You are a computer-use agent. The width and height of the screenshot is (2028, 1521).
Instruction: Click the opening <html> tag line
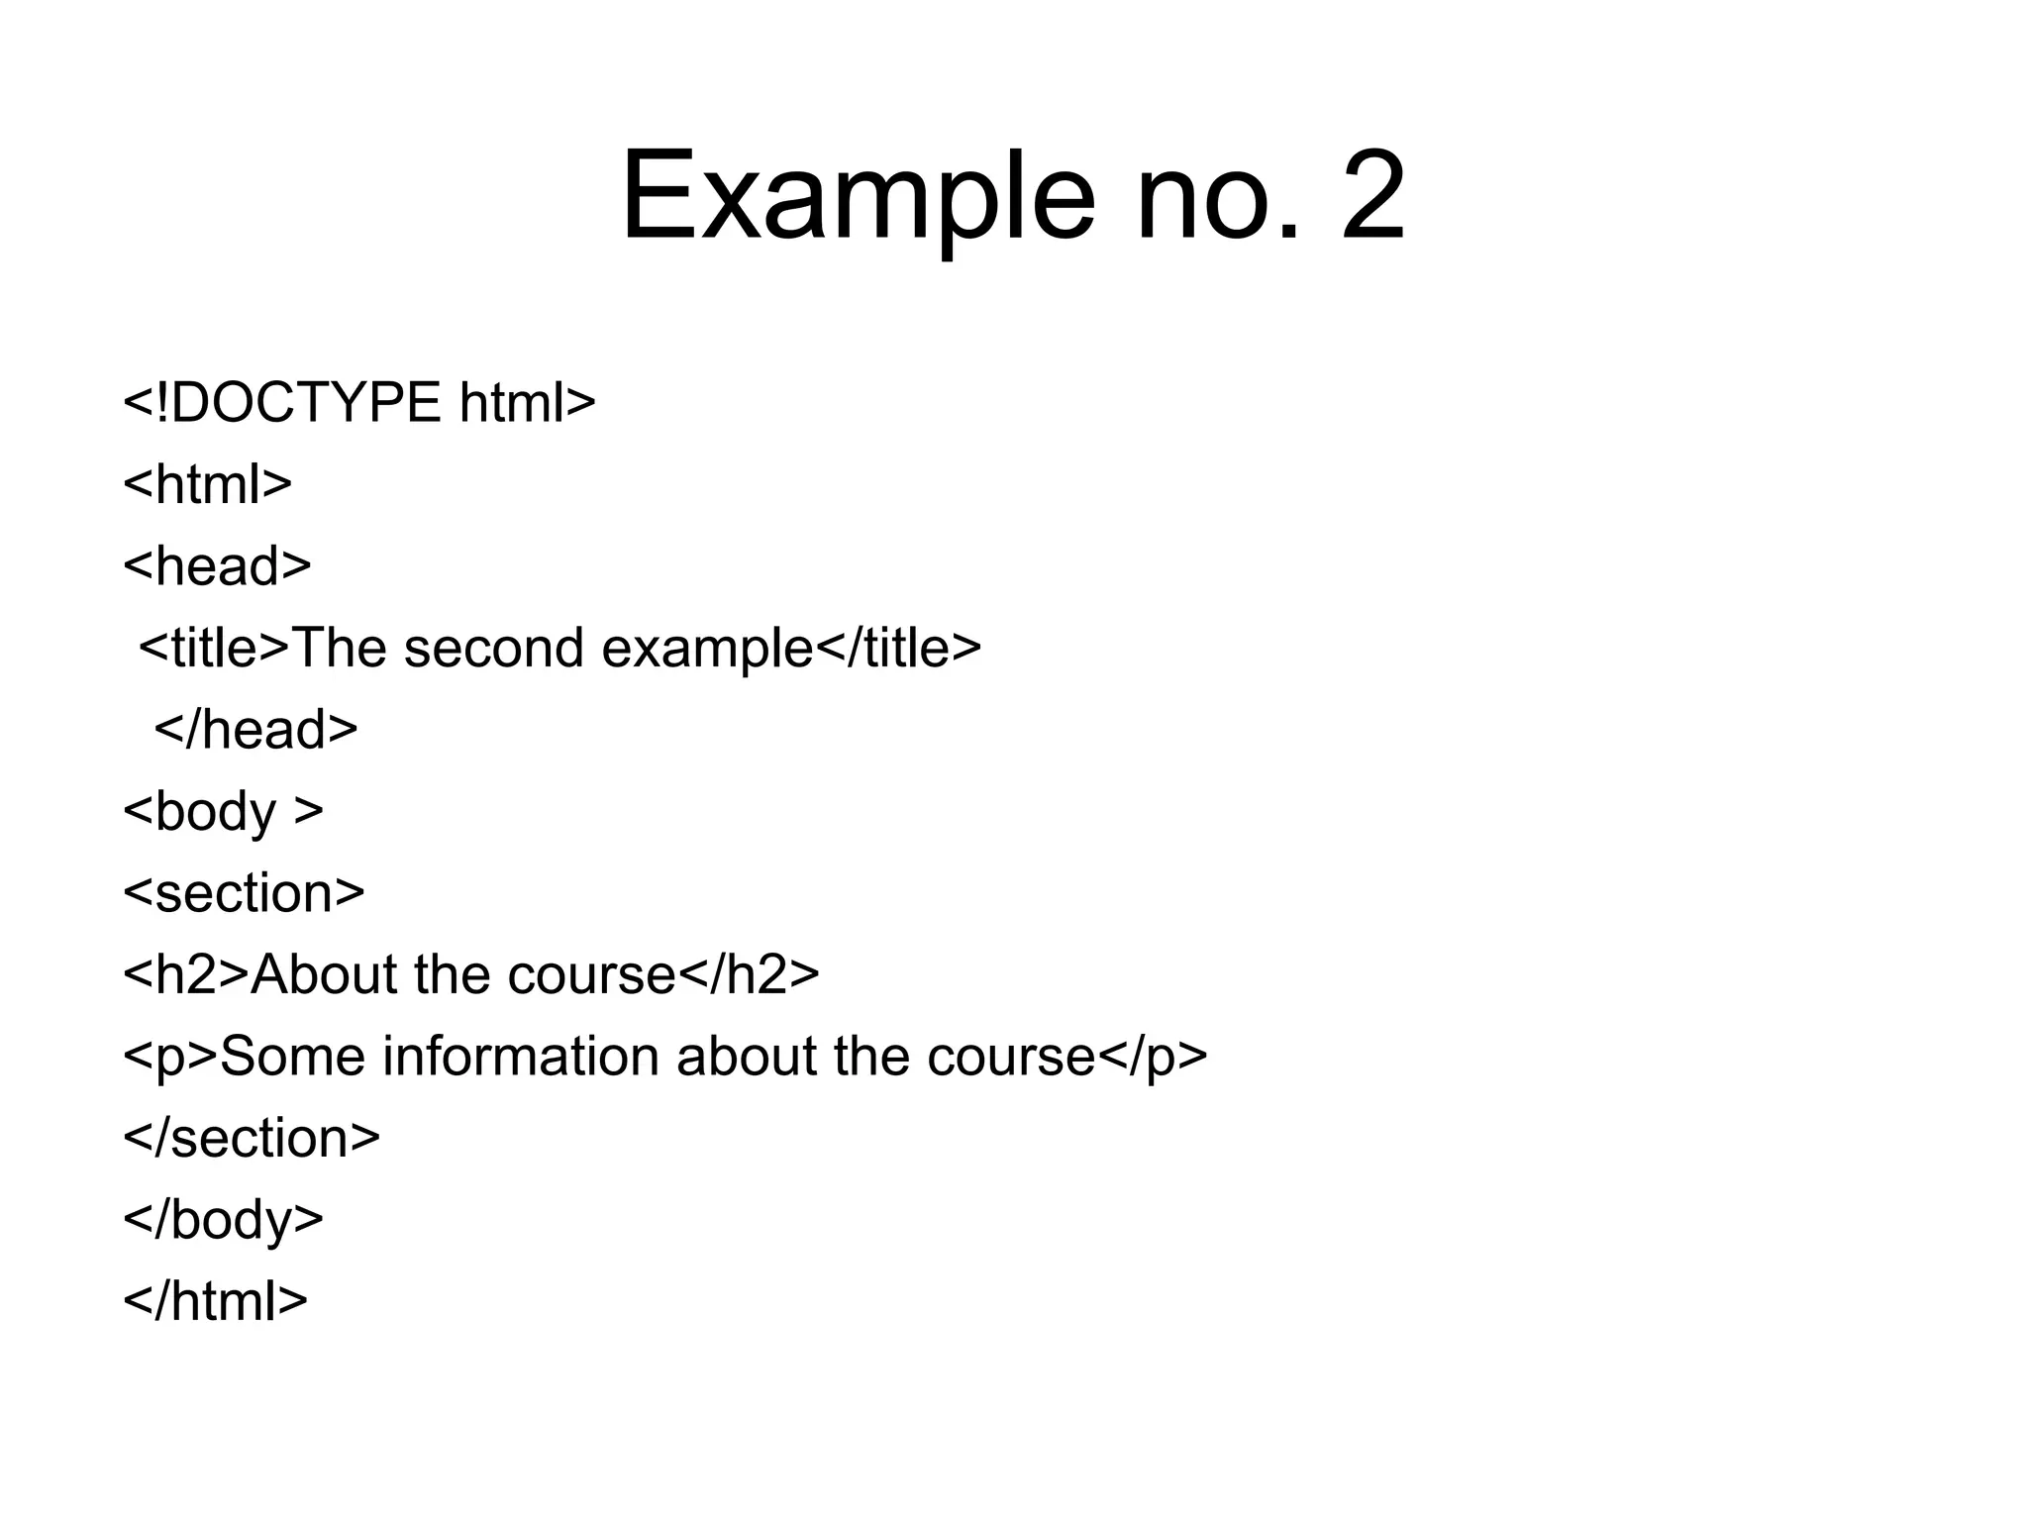click(x=208, y=484)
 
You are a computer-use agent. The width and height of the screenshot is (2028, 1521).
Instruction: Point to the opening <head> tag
click(x=217, y=566)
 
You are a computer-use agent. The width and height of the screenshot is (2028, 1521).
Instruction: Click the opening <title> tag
click(x=214, y=649)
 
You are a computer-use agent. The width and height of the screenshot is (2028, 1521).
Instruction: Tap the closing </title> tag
click(x=898, y=649)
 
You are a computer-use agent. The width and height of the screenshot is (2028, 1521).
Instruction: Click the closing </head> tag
click(x=255, y=730)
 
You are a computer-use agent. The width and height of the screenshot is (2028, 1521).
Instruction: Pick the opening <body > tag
click(x=223, y=812)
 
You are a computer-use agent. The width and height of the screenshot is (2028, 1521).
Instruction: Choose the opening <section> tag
click(x=244, y=893)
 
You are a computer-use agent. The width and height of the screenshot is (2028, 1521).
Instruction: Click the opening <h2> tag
click(x=186, y=975)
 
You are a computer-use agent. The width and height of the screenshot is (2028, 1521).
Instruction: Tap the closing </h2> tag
click(x=750, y=975)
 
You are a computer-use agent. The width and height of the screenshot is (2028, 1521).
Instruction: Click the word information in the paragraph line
click(x=521, y=1057)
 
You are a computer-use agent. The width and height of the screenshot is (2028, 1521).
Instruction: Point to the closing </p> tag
click(x=1154, y=1057)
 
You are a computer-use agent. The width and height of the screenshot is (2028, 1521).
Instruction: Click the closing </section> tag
click(x=252, y=1139)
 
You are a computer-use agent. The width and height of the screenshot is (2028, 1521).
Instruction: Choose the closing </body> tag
click(x=223, y=1220)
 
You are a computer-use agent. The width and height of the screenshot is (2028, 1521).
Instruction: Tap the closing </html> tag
click(x=215, y=1301)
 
